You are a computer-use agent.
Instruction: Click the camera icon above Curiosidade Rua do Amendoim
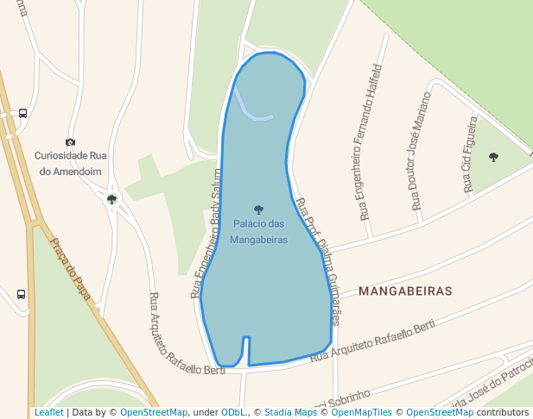click(x=70, y=142)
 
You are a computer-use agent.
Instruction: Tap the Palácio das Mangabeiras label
click(x=258, y=231)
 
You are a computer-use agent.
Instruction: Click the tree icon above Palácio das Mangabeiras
click(x=258, y=209)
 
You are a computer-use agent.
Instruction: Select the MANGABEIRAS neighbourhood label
click(x=405, y=291)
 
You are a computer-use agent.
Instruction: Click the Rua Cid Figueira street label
click(x=470, y=154)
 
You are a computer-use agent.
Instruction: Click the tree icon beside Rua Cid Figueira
click(x=493, y=157)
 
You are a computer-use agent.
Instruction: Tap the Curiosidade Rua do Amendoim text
click(x=70, y=163)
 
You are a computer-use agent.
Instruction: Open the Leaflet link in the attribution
click(x=48, y=413)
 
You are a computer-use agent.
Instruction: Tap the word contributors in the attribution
click(x=502, y=413)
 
